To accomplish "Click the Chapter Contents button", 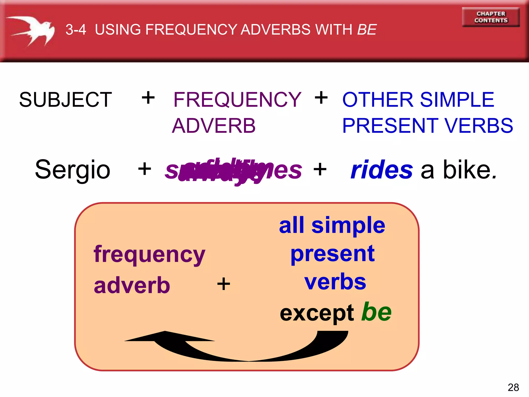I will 491,17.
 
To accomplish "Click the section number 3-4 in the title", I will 76,29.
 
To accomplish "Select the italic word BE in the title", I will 367,29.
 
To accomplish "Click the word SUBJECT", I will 66,100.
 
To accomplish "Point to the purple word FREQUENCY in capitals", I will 237,100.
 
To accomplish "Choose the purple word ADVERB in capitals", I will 214,126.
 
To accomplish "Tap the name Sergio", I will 73,170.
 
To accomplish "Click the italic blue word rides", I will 382,170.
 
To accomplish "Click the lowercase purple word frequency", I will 149,255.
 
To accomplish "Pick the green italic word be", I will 376,312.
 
